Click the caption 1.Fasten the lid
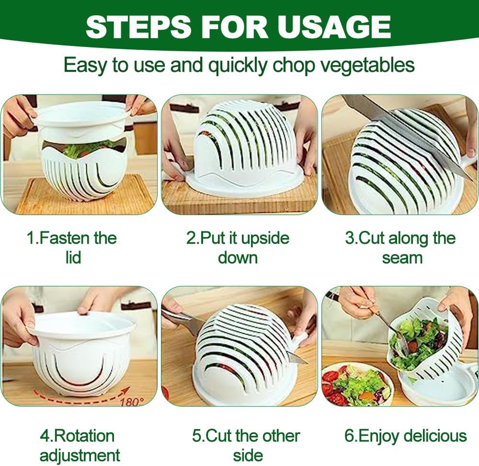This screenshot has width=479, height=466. click(x=72, y=248)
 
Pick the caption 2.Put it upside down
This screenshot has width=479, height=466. click(x=238, y=248)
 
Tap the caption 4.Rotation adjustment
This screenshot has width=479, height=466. click(x=79, y=445)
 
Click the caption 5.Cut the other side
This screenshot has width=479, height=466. click(x=247, y=445)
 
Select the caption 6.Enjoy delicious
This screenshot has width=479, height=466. click(x=405, y=436)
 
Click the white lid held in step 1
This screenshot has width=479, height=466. click(x=81, y=120)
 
